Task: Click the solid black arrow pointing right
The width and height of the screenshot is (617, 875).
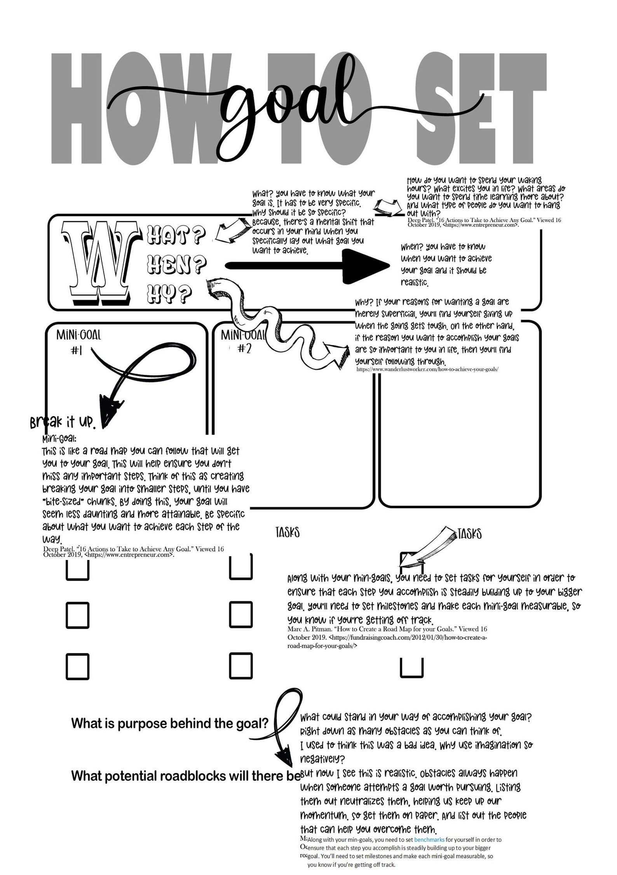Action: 307,266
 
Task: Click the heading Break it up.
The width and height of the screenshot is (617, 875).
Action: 62,422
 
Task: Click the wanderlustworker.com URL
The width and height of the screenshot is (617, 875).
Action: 427,369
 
